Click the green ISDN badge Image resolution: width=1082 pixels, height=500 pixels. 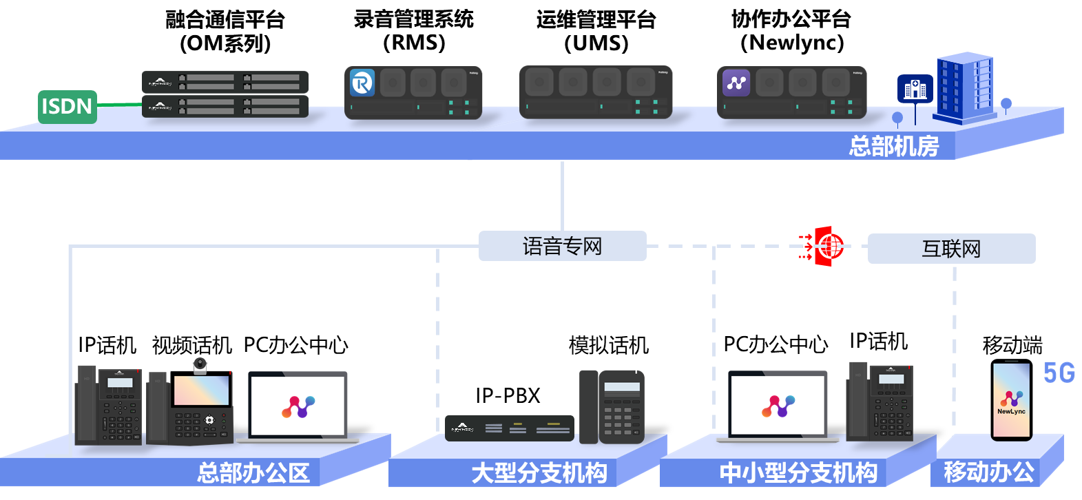[67, 107]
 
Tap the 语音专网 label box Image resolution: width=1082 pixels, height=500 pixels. [562, 246]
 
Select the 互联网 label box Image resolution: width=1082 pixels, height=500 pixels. [951, 249]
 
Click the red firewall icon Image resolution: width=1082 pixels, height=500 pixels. [826, 246]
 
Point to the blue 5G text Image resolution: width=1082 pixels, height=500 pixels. [1059, 373]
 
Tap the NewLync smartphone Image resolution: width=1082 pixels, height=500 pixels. [1011, 401]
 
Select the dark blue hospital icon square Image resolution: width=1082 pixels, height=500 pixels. [915, 89]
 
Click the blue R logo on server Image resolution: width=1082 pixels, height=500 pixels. [362, 83]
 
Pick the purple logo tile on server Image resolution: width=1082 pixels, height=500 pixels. [736, 83]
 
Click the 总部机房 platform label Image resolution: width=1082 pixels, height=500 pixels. [893, 146]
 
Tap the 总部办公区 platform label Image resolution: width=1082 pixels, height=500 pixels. [253, 473]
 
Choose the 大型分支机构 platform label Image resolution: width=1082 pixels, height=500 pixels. [539, 473]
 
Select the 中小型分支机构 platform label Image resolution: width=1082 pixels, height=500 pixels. [798, 473]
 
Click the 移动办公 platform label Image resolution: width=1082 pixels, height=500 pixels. [989, 472]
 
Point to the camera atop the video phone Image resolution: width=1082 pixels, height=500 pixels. [200, 365]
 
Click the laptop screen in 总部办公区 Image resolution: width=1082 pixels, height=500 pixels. [298, 405]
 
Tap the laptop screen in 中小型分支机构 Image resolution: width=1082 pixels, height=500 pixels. [778, 405]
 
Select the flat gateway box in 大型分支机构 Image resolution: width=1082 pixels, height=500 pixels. [509, 428]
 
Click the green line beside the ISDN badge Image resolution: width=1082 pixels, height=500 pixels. [119, 105]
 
